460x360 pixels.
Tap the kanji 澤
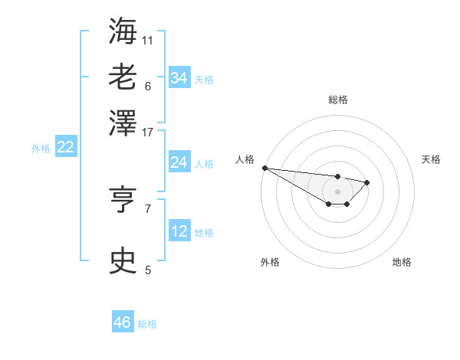[x=123, y=122]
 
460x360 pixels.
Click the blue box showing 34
[x=179, y=78]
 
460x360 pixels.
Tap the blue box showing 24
[x=179, y=162]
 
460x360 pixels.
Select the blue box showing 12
[x=179, y=231]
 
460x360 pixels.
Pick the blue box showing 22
[x=65, y=148]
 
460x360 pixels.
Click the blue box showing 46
[x=123, y=322]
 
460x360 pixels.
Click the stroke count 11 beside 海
[x=147, y=40]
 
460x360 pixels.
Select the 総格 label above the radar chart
[x=337, y=100]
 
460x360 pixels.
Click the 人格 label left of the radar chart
[x=245, y=159]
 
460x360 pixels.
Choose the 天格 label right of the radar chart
[x=431, y=159]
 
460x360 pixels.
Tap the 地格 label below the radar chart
[x=402, y=262]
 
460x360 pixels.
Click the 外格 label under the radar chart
[x=270, y=262]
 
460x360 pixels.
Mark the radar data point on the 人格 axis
[x=264, y=168]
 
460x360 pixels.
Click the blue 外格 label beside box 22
[x=40, y=149]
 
